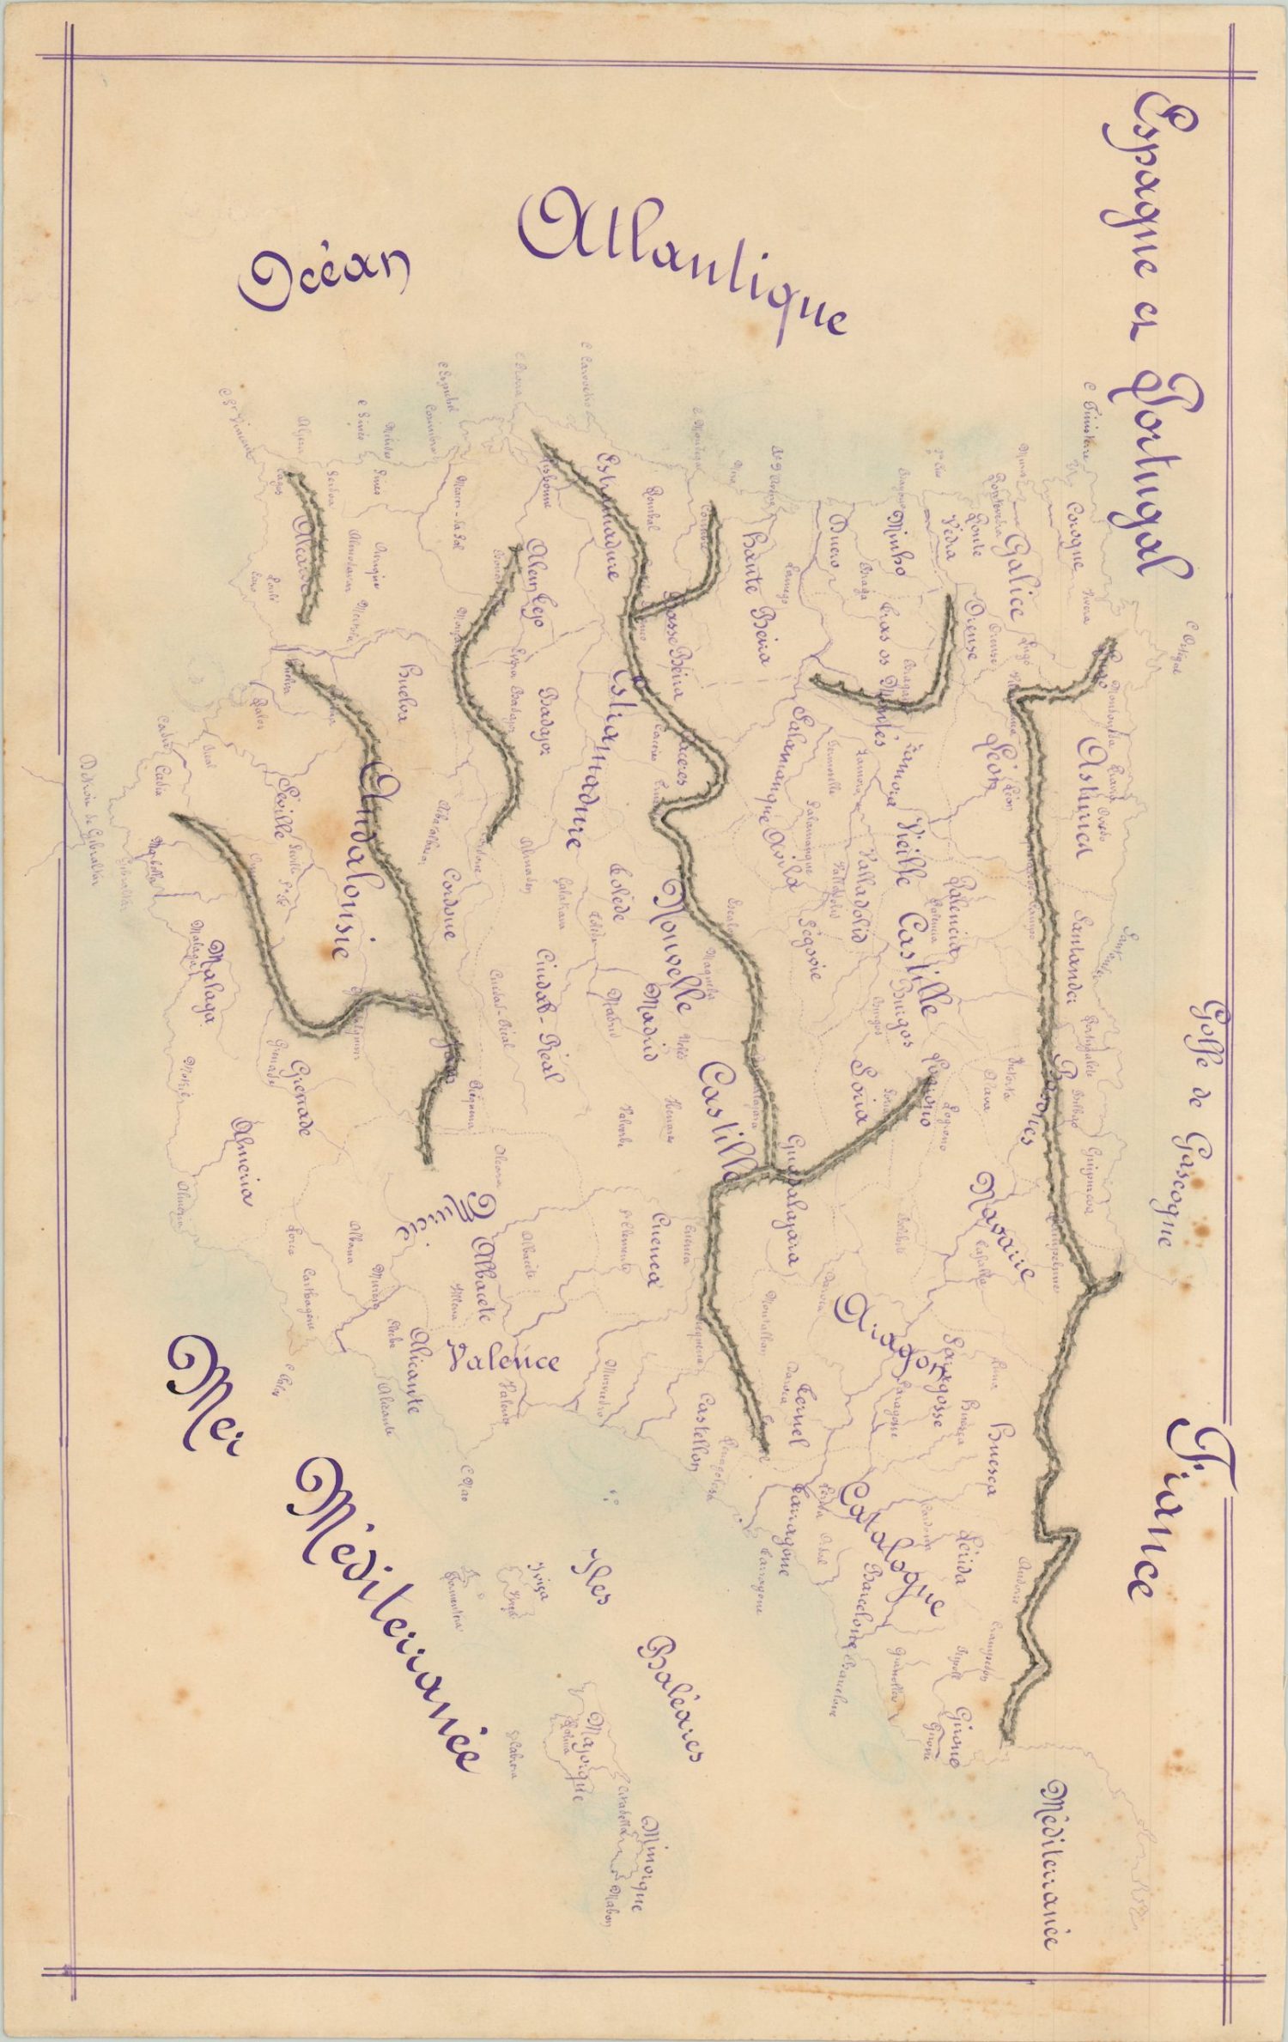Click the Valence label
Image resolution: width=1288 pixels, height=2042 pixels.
[x=504, y=1359]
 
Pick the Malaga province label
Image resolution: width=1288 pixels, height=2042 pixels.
[x=209, y=988]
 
